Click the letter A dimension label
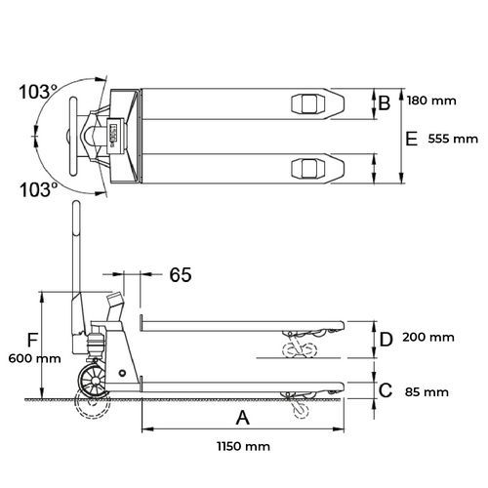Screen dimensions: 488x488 (x=243, y=418)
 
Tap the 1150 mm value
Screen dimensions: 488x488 (x=243, y=446)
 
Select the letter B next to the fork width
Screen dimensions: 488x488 (x=385, y=102)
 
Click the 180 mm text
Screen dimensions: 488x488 (x=431, y=101)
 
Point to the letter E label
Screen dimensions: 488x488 (x=412, y=139)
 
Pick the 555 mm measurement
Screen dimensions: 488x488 (x=453, y=140)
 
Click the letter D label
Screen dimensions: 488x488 (x=386, y=340)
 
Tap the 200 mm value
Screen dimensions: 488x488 (x=428, y=338)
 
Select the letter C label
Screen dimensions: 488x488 (x=386, y=390)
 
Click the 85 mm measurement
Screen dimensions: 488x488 (x=427, y=392)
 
